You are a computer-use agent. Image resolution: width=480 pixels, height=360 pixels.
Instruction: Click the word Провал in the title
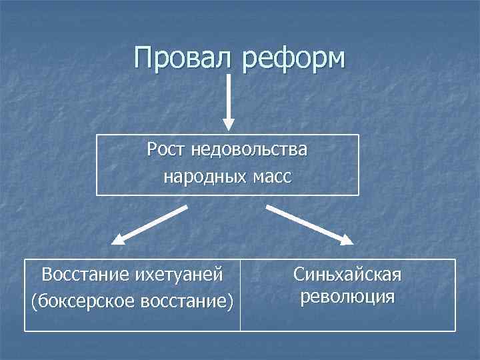click(x=182, y=58)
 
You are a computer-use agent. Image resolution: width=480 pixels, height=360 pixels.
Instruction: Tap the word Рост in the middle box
click(x=167, y=150)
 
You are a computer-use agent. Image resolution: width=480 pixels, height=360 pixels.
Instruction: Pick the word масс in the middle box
click(x=273, y=177)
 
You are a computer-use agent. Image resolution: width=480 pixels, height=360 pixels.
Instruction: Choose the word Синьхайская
click(x=347, y=275)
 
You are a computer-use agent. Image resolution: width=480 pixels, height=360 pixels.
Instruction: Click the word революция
click(x=347, y=296)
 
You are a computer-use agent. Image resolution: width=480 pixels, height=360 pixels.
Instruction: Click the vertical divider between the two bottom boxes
click(x=240, y=295)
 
